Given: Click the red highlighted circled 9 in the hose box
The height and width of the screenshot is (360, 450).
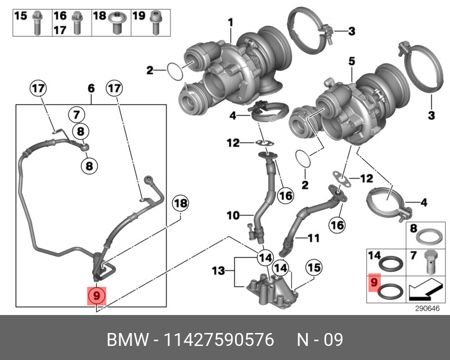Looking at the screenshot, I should pyautogui.click(x=96, y=295).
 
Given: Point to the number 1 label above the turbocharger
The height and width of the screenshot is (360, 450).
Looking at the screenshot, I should pyautogui.click(x=230, y=22).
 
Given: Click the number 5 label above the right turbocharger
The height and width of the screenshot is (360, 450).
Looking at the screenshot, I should pyautogui.click(x=351, y=61).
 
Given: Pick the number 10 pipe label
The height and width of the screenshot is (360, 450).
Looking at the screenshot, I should pyautogui.click(x=233, y=214).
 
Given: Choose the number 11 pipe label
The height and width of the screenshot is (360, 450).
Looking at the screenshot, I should pyautogui.click(x=313, y=238).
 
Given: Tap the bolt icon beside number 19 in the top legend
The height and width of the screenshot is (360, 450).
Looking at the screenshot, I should pyautogui.click(x=155, y=22).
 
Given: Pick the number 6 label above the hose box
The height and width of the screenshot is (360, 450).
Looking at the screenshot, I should pyautogui.click(x=91, y=88).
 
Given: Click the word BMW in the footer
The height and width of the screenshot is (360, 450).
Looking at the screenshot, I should pyautogui.click(x=127, y=340).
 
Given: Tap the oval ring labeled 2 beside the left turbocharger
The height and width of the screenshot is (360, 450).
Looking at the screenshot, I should pyautogui.click(x=175, y=71).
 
